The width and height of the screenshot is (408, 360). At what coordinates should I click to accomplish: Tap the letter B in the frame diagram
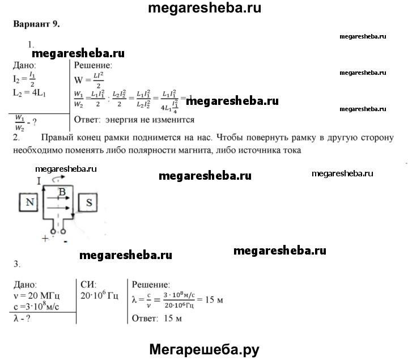point(63,193)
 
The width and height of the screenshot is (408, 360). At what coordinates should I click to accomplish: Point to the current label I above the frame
point(38,181)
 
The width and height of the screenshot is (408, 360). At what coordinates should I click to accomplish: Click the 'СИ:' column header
point(89,284)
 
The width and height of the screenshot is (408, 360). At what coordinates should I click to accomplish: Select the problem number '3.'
point(16,264)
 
